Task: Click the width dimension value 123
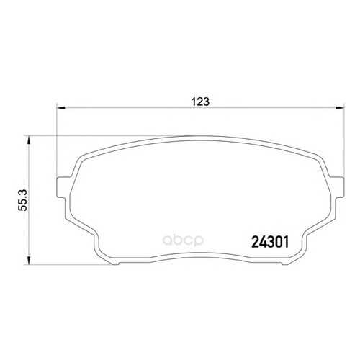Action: pyautogui.click(x=200, y=102)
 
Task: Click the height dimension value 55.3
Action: pyautogui.click(x=23, y=200)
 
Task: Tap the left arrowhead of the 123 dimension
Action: pyautogui.click(x=61, y=108)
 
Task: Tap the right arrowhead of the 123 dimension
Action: pyautogui.click(x=340, y=108)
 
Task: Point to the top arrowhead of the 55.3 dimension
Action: pyautogui.click(x=29, y=140)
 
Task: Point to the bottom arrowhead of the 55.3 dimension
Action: pyautogui.click(x=29, y=260)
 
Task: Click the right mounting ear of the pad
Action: pyautogui.click(x=336, y=187)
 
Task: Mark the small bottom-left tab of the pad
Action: pyautogui.click(x=116, y=264)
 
